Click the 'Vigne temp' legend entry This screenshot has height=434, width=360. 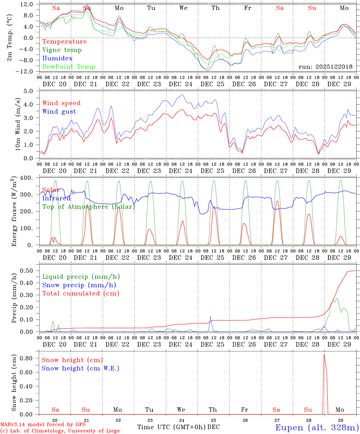pos(62,50)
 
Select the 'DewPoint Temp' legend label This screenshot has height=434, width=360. pos(69,67)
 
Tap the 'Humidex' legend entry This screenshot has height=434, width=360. pos(57,58)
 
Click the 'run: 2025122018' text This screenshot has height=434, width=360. pos(325,67)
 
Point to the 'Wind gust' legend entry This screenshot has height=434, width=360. pos(59,112)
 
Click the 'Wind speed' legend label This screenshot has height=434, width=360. pos(62,103)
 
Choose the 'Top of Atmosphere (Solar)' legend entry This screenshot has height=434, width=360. pos(89,207)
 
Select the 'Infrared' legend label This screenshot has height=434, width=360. pos(56,198)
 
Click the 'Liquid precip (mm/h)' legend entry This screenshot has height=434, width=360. pos(81,277)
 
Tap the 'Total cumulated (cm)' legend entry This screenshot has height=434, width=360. pos(81,294)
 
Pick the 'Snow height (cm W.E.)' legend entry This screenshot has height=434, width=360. pos(81,368)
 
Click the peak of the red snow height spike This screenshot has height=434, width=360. pos(324,355)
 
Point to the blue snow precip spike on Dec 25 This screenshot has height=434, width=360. pos(210,316)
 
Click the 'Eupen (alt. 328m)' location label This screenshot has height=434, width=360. pos(317,427)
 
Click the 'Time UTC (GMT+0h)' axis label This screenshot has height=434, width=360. pos(171,427)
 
